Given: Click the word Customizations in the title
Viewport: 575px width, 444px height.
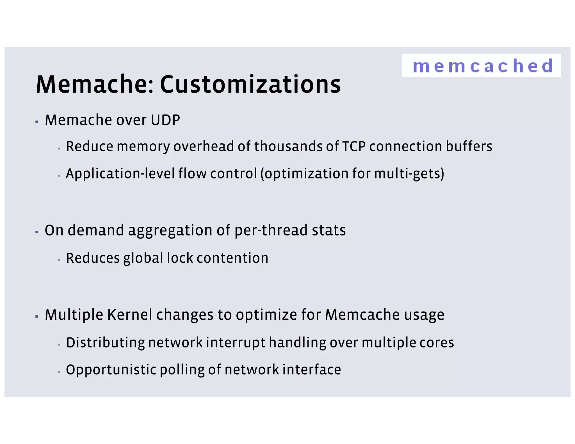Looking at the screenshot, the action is click(250, 85).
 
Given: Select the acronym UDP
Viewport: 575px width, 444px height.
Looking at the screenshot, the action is click(165, 120).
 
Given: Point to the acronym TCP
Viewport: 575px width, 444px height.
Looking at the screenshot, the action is click(354, 147).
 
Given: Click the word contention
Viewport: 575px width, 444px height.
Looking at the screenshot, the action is click(232, 258).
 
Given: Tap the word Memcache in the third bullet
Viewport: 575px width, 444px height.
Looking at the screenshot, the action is click(362, 315).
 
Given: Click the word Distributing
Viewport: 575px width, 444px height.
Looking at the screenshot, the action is click(105, 343).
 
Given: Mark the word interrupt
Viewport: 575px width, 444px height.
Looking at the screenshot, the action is click(236, 343).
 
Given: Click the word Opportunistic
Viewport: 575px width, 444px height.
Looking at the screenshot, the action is click(111, 370).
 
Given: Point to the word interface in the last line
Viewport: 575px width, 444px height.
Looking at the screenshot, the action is click(312, 370).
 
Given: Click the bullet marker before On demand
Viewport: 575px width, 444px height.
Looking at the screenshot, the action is click(36, 232).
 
